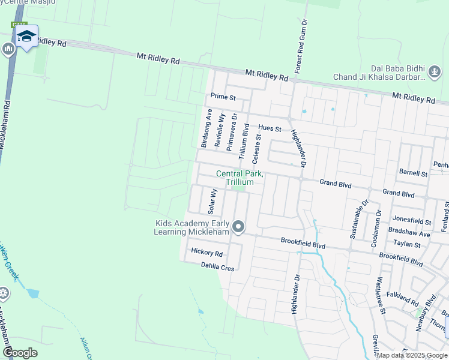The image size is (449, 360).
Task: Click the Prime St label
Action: coord(223,97)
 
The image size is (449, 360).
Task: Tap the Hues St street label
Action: coord(270,128)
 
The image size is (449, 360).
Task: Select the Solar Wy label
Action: coord(211,202)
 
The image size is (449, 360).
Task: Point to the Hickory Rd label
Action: coord(206,253)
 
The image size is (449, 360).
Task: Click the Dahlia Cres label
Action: coord(217,268)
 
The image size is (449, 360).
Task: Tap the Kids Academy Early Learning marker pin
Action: coord(239,227)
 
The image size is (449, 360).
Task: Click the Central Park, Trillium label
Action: coord(240,178)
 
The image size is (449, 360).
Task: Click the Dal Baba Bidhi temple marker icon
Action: coord(434,73)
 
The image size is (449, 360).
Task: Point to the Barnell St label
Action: coord(413,173)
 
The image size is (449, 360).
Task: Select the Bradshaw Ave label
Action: coord(409,232)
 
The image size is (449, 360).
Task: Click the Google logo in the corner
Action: coord(20,352)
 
